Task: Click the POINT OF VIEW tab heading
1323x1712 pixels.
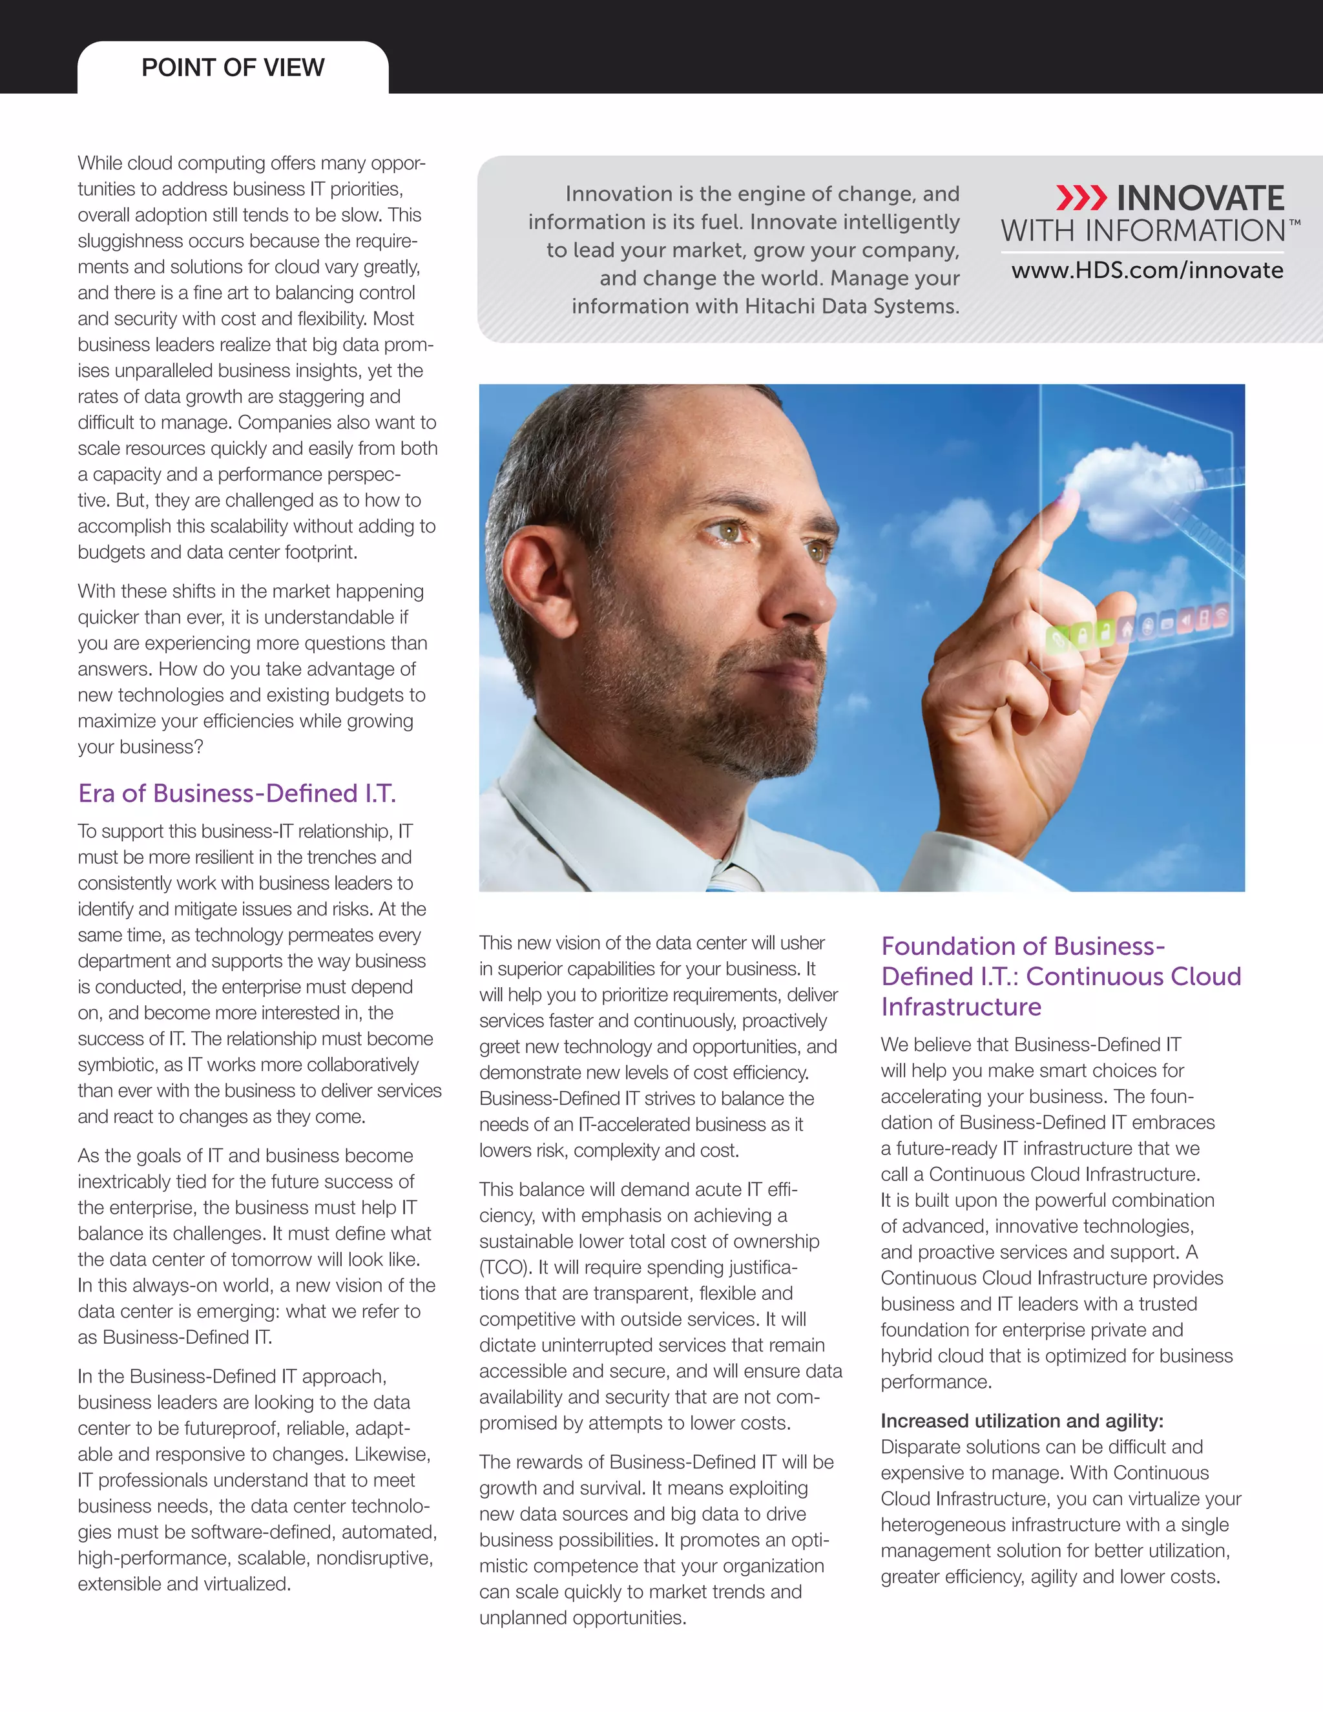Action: coord(233,67)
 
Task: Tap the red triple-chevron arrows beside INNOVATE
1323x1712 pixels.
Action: coord(1081,198)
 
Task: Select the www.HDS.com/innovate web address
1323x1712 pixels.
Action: coord(1147,271)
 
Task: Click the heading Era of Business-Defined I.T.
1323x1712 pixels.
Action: coord(236,793)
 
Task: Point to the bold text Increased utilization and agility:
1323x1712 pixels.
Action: coord(1022,1421)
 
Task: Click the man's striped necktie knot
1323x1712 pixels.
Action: coord(733,878)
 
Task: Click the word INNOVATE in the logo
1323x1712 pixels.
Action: coord(1200,198)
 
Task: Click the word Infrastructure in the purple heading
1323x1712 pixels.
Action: coord(961,1007)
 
